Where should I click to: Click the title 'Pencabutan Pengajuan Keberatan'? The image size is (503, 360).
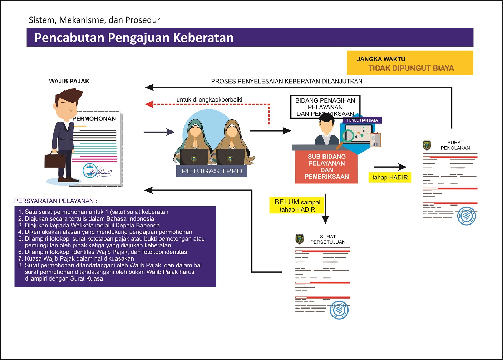point(134,38)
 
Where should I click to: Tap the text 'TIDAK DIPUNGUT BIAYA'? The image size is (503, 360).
point(411,68)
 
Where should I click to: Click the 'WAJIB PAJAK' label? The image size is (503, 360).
point(69,81)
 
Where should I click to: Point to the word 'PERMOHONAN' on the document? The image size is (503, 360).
point(94,119)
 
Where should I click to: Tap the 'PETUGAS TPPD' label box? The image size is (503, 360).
point(212,171)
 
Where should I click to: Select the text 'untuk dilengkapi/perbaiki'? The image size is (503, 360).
point(209,99)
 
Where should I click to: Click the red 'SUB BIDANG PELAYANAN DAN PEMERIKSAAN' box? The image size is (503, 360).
point(326,167)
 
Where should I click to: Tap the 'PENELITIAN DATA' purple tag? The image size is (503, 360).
point(362,120)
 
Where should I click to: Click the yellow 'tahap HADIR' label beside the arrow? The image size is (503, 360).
point(390,177)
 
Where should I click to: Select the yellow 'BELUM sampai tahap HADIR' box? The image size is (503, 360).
point(297,206)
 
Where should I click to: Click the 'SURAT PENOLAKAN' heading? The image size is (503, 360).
point(455,145)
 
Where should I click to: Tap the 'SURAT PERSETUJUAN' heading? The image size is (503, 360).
point(328,239)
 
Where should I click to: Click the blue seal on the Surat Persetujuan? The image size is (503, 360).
point(339,310)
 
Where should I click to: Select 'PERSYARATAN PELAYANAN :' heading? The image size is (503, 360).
point(55,201)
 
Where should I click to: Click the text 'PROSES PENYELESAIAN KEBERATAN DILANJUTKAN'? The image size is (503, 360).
point(286,81)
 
